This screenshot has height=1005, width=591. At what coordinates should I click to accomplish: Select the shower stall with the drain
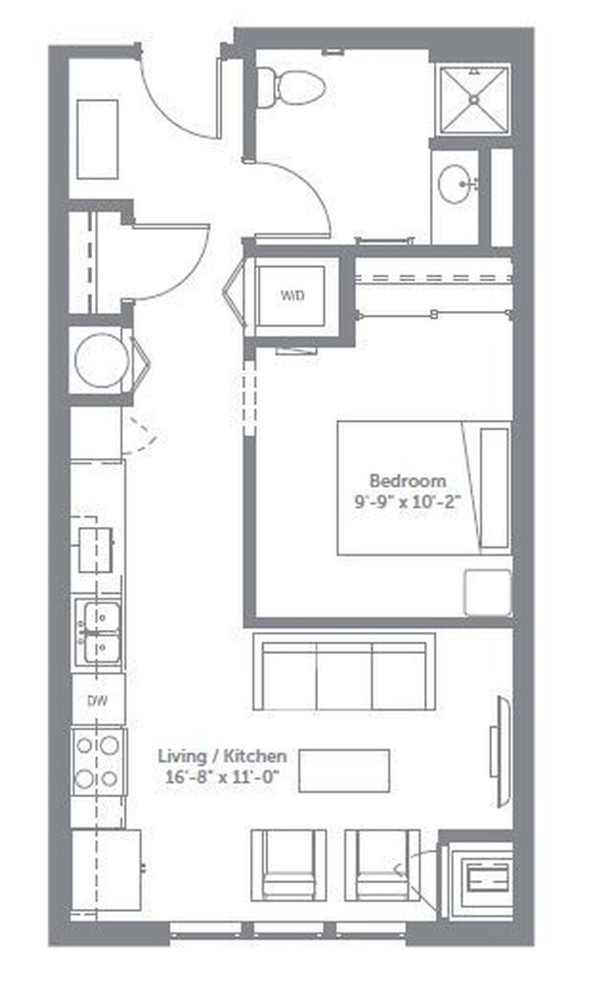click(x=475, y=100)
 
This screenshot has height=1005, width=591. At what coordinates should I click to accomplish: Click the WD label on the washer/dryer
click(x=293, y=294)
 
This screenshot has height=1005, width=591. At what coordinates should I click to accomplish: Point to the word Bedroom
click(x=407, y=480)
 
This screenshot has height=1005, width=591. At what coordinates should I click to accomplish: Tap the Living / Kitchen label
click(x=223, y=756)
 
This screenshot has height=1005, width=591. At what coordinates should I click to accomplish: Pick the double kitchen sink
click(x=99, y=632)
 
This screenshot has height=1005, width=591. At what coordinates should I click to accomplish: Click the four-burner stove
click(x=98, y=761)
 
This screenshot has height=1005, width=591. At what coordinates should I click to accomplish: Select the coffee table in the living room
click(x=344, y=770)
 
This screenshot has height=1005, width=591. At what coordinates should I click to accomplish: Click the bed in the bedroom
click(x=422, y=488)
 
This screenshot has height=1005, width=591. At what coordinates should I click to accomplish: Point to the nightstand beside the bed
click(x=487, y=592)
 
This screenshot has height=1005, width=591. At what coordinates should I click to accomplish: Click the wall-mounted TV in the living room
click(x=500, y=751)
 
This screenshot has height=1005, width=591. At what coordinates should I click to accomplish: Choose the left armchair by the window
click(x=289, y=864)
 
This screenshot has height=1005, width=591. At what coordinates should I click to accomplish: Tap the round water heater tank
click(x=98, y=359)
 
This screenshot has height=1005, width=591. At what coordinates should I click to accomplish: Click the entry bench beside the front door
click(x=97, y=138)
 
